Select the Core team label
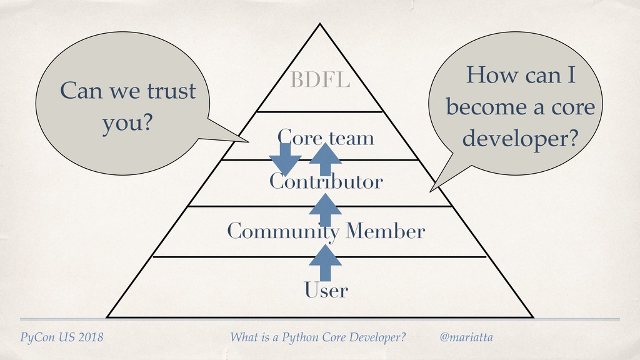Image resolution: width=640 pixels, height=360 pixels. coord(326,137)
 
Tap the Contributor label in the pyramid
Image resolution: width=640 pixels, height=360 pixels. coord(326,182)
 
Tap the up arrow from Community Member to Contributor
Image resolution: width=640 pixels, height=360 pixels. coord(324,209)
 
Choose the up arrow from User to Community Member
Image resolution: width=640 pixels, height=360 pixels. coord(324,262)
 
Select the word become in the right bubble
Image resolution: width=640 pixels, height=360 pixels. coord(484,107)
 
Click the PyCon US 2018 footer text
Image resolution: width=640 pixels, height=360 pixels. coord(62,338)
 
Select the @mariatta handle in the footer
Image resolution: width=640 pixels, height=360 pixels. coord(466,337)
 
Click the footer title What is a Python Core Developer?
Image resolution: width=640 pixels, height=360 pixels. coord(318,338)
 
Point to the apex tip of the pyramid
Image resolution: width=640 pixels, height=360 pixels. coord(320,24)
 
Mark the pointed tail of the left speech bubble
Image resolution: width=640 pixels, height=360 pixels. coord(248,141)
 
